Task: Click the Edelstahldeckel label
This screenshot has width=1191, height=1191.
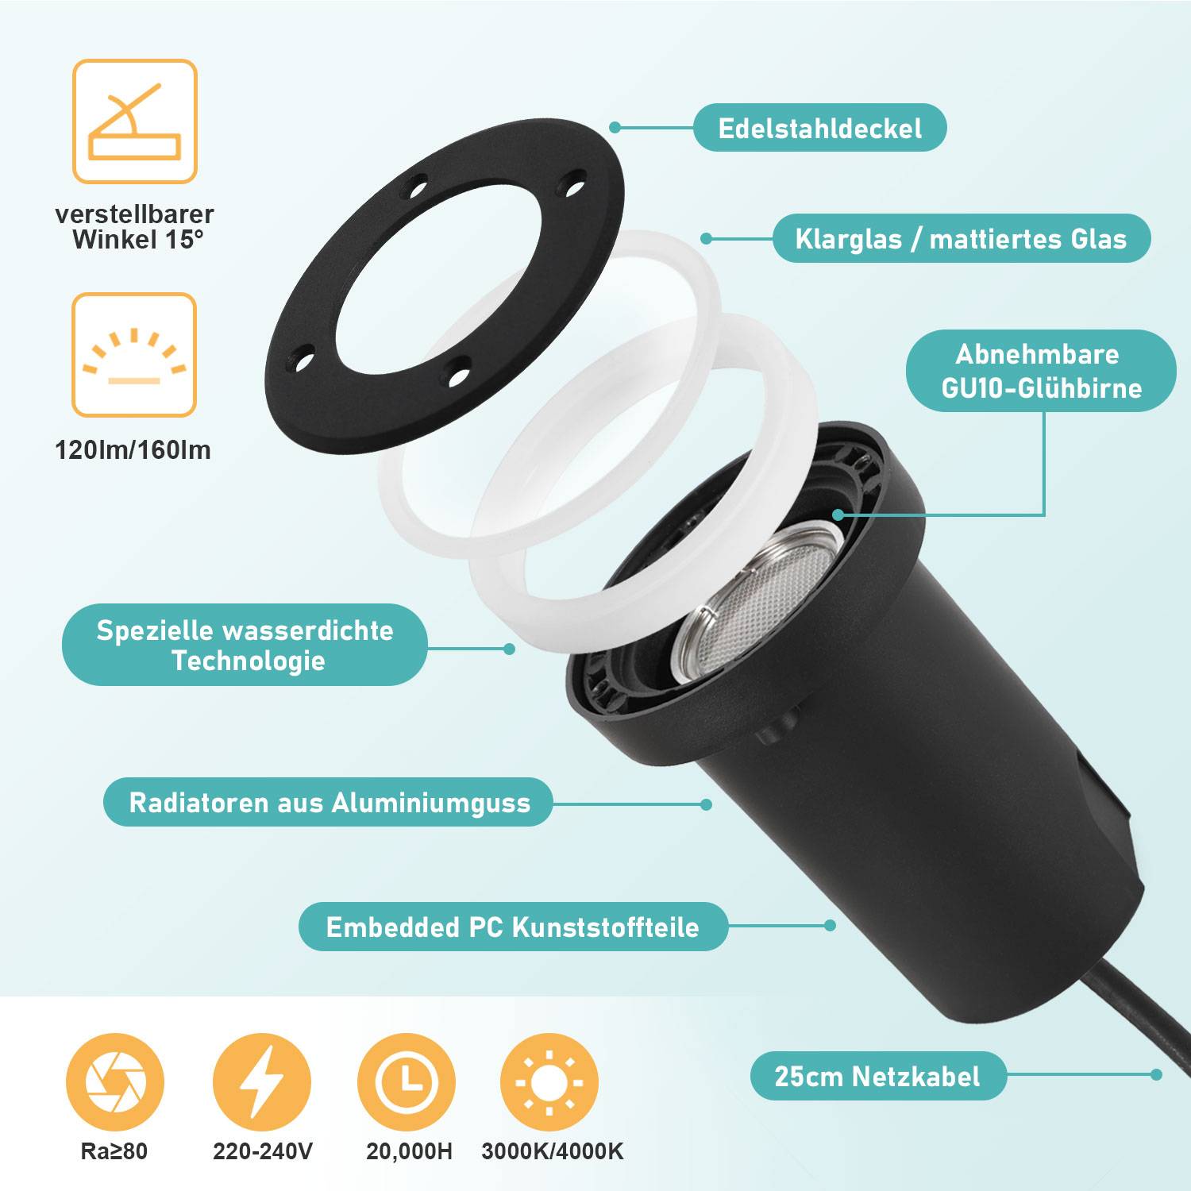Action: click(819, 128)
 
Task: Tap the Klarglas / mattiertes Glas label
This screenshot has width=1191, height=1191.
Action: click(961, 238)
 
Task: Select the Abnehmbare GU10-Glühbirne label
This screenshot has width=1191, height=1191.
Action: click(1041, 371)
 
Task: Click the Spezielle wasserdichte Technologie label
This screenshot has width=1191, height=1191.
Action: click(245, 645)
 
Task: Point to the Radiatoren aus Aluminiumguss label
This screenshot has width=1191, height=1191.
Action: click(329, 802)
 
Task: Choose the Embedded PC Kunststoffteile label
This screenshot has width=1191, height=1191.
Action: click(513, 927)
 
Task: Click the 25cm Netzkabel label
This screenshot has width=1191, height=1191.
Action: click(877, 1076)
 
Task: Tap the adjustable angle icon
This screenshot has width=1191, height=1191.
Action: click(135, 121)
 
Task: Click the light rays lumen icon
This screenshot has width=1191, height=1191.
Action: click(134, 355)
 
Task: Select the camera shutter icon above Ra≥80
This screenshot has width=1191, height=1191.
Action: click(115, 1082)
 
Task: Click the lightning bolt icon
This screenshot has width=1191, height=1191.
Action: click(262, 1082)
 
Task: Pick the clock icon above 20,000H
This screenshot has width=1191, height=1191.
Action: click(407, 1082)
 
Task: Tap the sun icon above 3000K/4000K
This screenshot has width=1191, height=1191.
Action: click(549, 1082)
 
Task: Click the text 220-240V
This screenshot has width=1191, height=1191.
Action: click(262, 1151)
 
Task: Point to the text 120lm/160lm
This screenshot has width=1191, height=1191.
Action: click(133, 450)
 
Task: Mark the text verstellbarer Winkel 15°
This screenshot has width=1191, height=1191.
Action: click(134, 227)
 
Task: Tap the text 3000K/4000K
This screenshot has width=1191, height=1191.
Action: click(552, 1151)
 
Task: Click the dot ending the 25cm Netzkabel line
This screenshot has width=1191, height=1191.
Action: click(1156, 1074)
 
